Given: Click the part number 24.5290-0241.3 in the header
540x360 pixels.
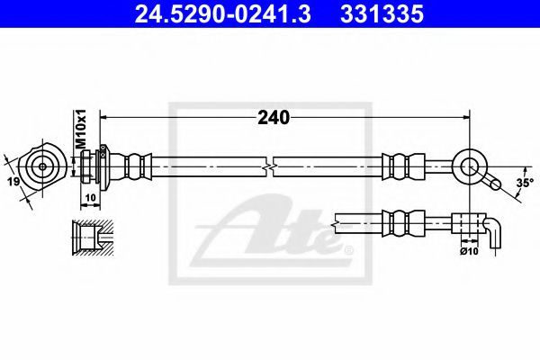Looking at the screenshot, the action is [x=223, y=14].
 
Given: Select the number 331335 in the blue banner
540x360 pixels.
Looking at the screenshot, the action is [x=382, y=14].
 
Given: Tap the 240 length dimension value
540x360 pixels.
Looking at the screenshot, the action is [x=274, y=118].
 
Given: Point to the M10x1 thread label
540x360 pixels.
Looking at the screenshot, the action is [x=80, y=130].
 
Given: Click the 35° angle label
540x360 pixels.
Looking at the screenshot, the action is [x=525, y=183].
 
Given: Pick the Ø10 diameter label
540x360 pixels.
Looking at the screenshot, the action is [x=469, y=251].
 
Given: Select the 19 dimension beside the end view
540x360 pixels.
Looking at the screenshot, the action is [x=13, y=181].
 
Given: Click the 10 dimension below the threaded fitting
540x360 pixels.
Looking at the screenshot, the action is [x=90, y=198].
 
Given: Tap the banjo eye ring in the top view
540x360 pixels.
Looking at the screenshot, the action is [x=470, y=166].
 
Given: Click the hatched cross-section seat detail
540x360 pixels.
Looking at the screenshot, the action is [x=93, y=238].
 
